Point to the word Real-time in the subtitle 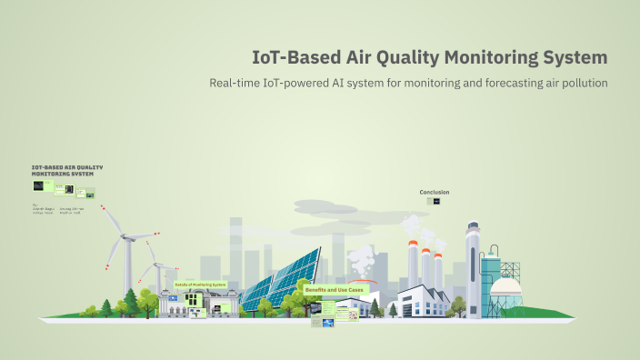(238, 84)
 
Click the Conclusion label (434, 192)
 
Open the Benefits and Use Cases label (339, 289)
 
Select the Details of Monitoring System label (200, 284)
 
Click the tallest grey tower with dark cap (472, 264)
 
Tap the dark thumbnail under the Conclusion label (436, 201)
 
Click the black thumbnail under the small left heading (38, 185)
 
